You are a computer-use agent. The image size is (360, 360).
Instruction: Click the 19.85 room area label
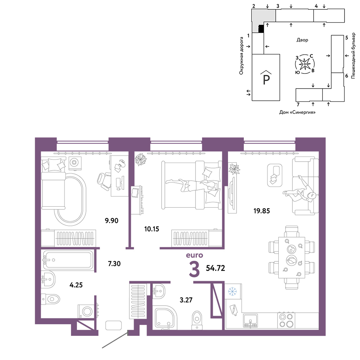261,211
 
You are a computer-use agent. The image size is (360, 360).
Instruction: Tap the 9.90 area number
112,221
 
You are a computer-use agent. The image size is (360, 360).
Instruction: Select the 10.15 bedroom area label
152,229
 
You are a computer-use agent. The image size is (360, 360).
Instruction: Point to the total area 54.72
215,268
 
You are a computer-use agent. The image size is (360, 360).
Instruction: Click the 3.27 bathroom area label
186,300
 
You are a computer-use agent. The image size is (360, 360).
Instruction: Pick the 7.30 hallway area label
114,264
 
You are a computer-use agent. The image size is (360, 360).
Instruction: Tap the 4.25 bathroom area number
76,285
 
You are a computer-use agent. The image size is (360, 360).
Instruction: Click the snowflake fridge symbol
232,292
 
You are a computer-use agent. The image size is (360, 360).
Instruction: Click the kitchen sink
250,320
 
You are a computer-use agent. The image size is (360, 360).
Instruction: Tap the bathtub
68,260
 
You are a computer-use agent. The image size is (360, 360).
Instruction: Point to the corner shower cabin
165,317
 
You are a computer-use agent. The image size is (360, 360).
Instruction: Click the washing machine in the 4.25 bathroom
86,311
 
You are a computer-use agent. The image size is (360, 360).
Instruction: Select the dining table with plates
292,258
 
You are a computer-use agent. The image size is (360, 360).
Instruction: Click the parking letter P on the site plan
266,78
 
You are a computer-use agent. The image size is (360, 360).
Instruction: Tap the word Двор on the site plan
302,40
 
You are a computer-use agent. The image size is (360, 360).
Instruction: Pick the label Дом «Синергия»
297,112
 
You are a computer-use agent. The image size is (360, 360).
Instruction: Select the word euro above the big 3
194,255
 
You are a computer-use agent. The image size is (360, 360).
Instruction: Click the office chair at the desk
104,181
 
